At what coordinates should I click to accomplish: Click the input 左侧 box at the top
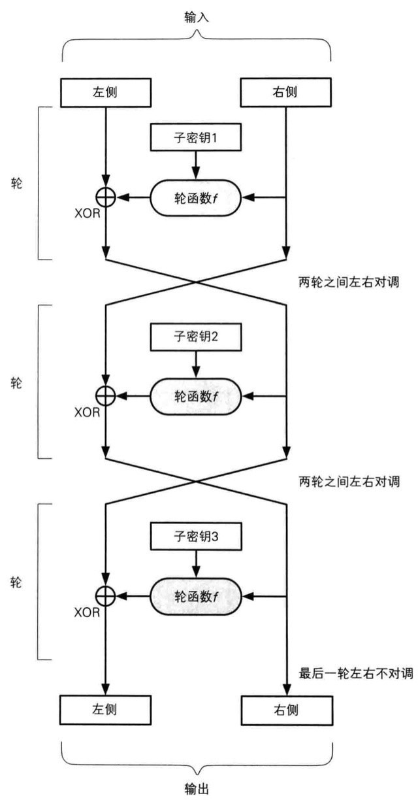coord(105,92)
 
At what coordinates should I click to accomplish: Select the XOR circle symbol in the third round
coord(105,595)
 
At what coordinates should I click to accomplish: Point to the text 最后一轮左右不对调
coord(356,673)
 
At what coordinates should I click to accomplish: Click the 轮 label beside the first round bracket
coord(17,183)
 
